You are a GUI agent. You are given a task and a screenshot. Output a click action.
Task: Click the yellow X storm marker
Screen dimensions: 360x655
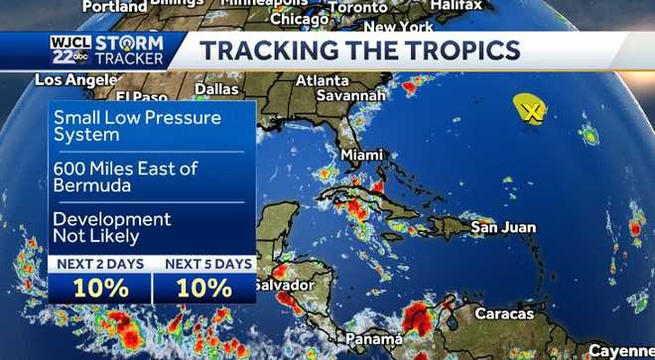click(532, 110)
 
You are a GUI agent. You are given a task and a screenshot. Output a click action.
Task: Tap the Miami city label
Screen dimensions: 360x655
click(361, 156)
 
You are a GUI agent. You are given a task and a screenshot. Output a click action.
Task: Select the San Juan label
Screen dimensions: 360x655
click(503, 228)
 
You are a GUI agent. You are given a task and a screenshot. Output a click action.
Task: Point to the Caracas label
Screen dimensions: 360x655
click(505, 312)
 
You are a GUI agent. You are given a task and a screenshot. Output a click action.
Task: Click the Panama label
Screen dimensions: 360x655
click(374, 339)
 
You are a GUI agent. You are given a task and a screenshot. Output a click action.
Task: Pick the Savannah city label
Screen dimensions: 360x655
click(350, 95)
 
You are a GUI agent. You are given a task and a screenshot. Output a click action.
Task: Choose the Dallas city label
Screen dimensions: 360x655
click(216, 88)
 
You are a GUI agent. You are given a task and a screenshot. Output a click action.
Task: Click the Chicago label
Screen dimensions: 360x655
click(299, 19)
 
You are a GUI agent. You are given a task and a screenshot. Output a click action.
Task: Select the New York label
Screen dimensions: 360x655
click(399, 27)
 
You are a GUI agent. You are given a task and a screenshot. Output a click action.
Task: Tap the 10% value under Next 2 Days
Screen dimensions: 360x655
click(100, 289)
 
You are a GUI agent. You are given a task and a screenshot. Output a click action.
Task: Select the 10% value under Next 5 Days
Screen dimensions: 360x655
click(204, 289)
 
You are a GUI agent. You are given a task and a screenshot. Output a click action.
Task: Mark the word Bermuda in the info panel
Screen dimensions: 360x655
click(90, 187)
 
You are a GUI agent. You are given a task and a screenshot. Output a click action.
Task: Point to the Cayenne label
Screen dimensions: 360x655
click(621, 351)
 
